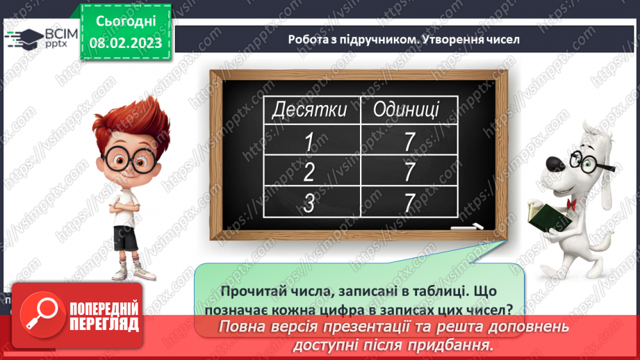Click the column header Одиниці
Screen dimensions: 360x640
[x=406, y=109]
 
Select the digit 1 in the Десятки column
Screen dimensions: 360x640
[x=309, y=142]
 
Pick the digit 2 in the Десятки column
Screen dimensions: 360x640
[x=309, y=172]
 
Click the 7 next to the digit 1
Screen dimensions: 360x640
[x=409, y=142]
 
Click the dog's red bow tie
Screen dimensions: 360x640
[x=571, y=204]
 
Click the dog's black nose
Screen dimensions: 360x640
[x=556, y=167]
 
